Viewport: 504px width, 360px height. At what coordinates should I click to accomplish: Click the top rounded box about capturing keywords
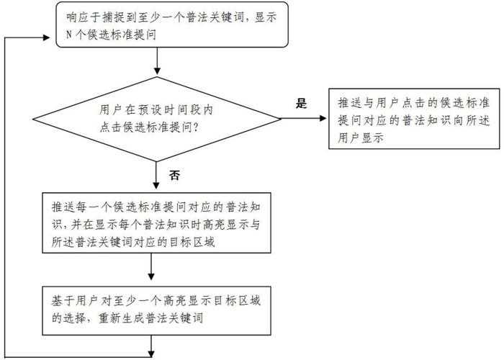(172, 24)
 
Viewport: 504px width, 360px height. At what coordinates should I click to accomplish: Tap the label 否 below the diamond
(174, 175)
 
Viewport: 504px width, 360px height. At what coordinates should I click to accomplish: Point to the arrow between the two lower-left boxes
(152, 269)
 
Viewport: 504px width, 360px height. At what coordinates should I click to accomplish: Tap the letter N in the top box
(69, 34)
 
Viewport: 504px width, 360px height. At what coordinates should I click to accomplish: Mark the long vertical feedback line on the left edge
(6, 194)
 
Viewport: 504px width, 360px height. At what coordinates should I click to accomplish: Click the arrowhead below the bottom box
(152, 353)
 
